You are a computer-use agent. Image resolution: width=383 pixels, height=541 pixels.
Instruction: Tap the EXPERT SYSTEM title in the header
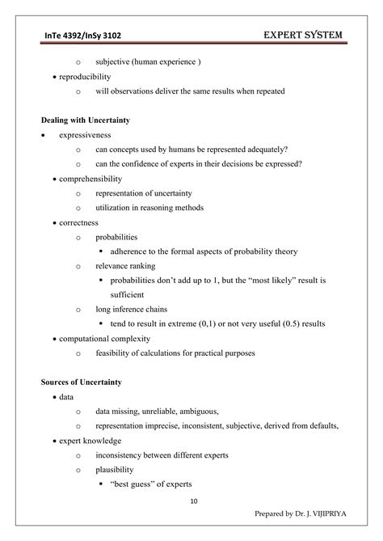pos(304,34)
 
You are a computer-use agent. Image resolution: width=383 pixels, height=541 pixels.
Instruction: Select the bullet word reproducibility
pos(85,77)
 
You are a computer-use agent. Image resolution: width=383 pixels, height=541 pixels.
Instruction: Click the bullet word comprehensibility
pos(90,179)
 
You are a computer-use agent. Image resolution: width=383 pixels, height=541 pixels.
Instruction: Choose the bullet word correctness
pos(78,222)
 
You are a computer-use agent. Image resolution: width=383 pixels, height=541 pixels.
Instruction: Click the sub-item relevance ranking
pos(125,265)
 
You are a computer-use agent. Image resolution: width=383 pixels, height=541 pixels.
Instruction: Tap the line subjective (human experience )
pos(148,62)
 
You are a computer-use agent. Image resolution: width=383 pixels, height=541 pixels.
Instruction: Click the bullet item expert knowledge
pos(90,441)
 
